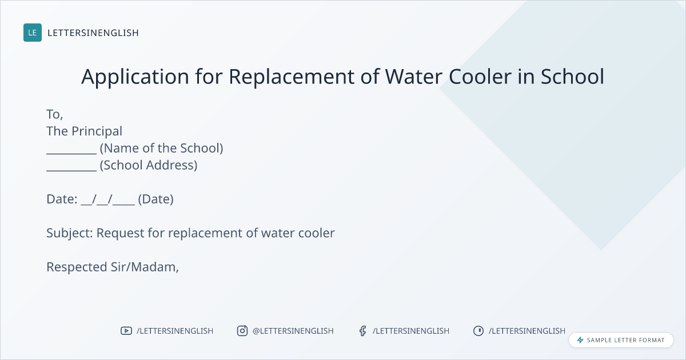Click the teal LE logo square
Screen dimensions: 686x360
(33, 33)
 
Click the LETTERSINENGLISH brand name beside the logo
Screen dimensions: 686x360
(93, 33)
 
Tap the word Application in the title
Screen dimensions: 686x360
(135, 77)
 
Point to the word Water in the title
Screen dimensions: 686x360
(413, 77)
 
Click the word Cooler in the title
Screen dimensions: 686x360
(480, 77)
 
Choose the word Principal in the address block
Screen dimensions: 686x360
(97, 131)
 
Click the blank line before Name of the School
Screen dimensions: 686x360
(71, 153)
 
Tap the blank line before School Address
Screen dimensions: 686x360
(71, 170)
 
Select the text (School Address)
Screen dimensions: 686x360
(149, 165)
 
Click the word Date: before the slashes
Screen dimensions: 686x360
(62, 199)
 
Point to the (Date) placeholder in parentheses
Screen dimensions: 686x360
(156, 199)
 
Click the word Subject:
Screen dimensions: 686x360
(70, 233)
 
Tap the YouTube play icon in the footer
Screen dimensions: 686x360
(126, 331)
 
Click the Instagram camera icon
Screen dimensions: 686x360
(242, 331)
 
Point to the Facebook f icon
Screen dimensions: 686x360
(362, 331)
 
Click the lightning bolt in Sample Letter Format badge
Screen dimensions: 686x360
(580, 340)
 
